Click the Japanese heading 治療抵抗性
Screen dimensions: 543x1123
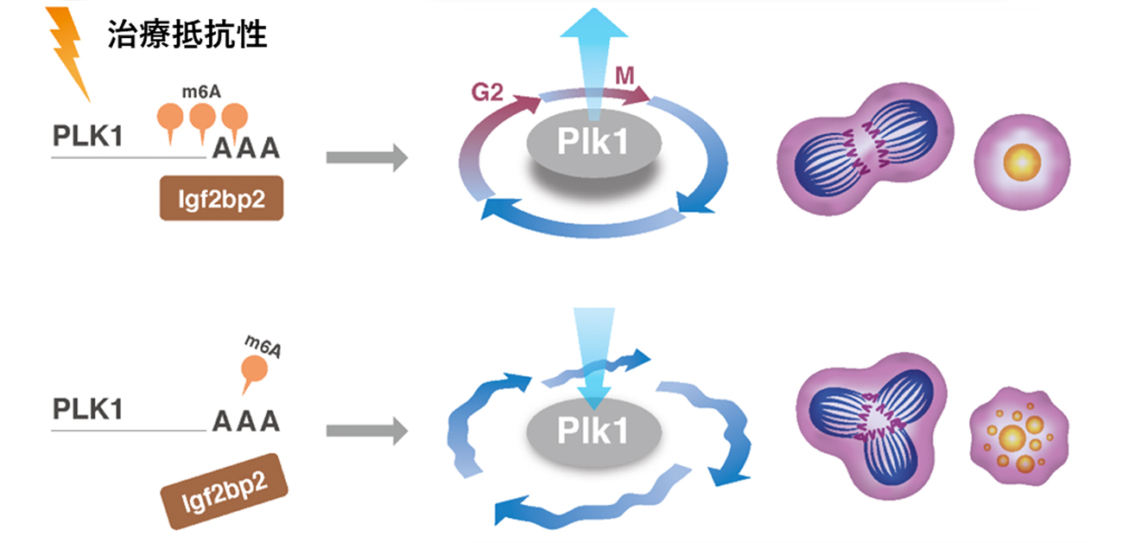187,35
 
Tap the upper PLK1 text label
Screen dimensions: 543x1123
87,137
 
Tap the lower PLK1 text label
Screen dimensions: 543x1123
87,408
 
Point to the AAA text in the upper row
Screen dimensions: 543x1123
247,150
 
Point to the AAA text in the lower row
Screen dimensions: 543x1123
247,421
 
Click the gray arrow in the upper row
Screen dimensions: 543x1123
366,157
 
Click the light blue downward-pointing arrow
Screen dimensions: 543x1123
593,355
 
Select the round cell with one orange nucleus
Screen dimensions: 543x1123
1022,161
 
